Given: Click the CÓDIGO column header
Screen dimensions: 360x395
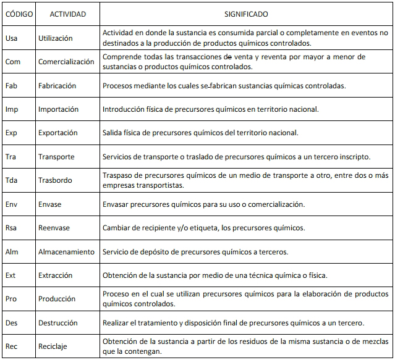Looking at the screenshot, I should click(19, 14).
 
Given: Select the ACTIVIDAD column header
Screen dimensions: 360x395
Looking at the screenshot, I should click(67, 14).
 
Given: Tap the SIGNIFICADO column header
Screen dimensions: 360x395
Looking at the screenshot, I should click(245, 14).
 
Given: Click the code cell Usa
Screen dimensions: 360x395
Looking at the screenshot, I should click(12, 38).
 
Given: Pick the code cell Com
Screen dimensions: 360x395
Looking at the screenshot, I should click(13, 62).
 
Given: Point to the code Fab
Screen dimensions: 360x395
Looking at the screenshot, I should click(12, 86).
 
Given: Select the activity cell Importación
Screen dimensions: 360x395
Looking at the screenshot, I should click(59, 109).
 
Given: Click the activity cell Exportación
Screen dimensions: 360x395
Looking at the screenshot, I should click(58, 133).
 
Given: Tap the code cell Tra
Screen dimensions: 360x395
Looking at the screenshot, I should click(11, 157).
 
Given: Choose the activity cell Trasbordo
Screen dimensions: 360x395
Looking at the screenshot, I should click(55, 181).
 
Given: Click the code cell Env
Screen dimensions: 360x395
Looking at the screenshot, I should click(12, 204).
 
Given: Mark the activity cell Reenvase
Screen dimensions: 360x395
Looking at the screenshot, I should click(54, 228).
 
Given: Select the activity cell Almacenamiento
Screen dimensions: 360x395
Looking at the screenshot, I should click(66, 252).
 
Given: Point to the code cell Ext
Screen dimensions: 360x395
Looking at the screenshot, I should click(11, 275).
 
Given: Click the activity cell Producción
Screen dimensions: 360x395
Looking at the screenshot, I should click(57, 299).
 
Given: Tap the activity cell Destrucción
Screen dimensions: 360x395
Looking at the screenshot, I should click(58, 323).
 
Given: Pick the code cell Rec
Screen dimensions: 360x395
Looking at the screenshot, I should click(12, 346).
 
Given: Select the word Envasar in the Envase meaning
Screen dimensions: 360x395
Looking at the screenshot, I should click(117, 204).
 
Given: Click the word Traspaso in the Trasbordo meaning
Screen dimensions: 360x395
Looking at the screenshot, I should click(118, 176).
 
